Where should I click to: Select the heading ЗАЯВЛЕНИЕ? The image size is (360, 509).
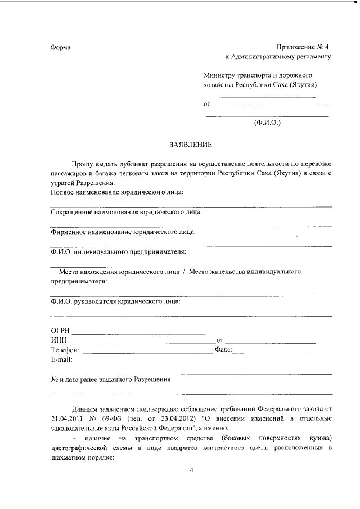191,145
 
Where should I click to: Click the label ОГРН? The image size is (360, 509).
60,331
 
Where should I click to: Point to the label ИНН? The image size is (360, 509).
58,341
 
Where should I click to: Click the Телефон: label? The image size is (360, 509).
66,350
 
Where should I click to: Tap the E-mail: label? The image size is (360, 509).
62,359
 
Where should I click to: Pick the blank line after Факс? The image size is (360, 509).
272,353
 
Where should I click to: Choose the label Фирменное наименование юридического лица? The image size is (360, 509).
123,231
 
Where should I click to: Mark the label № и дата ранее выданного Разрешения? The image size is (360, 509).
111,379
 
